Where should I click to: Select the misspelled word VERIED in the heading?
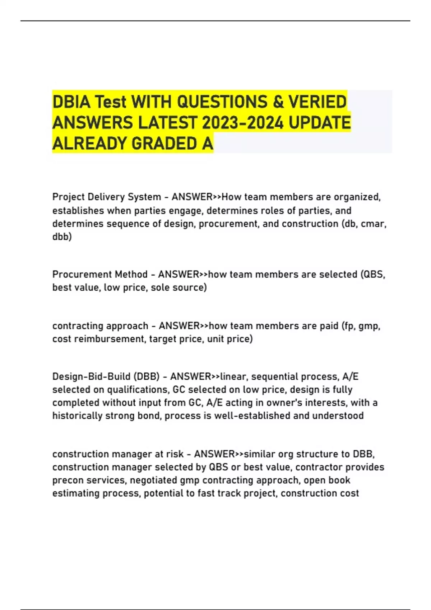pyautogui.click(x=318, y=102)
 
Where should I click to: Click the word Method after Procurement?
pyautogui.click(x=131, y=274)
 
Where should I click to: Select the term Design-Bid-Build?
pyautogui.click(x=92, y=377)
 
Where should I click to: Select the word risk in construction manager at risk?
pyautogui.click(x=175, y=454)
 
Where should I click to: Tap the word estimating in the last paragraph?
pyautogui.click(x=76, y=493)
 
